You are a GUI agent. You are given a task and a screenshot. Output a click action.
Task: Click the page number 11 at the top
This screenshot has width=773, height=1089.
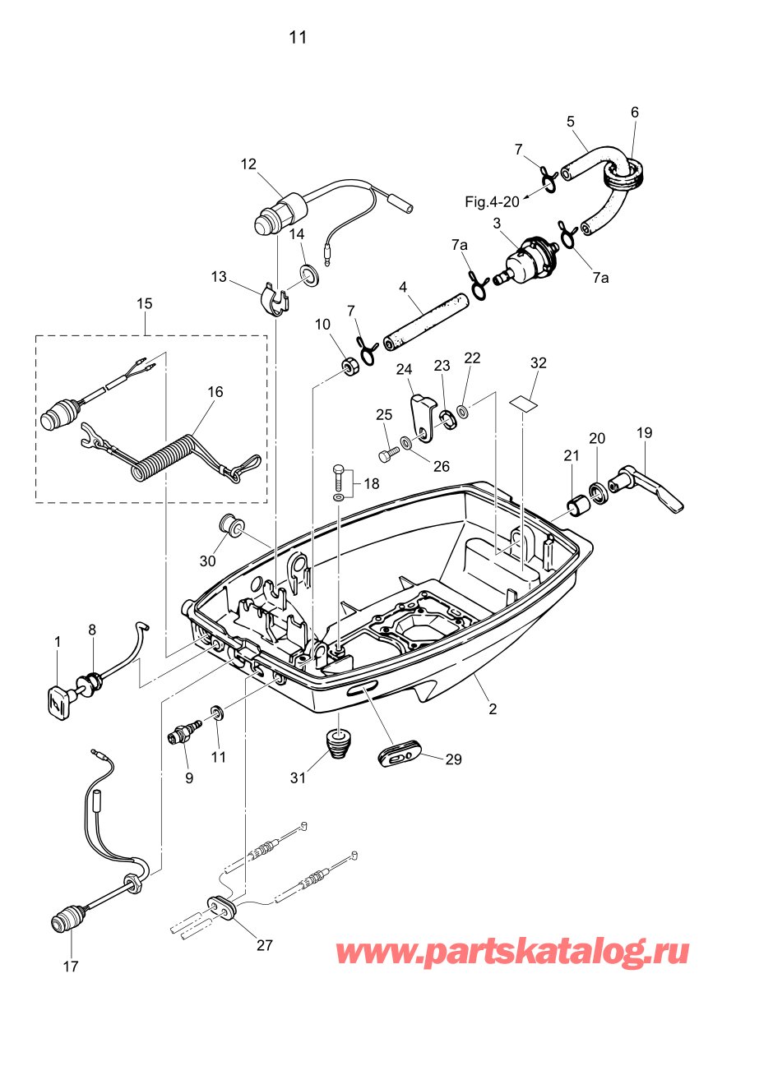pos(298,37)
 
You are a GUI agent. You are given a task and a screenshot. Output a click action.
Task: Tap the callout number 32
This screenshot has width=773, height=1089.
pos(538,362)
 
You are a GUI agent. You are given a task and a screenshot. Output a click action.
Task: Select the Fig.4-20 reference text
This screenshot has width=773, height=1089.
pos(492,201)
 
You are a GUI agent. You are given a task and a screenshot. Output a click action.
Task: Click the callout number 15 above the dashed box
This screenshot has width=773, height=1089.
pos(144,303)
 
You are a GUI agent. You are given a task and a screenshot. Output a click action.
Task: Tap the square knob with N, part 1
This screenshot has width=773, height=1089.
pos(58,702)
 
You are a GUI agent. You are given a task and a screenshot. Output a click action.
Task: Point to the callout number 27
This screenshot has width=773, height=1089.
pos(264,945)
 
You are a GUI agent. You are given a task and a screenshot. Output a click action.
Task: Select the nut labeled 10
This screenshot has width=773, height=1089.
pos(349,367)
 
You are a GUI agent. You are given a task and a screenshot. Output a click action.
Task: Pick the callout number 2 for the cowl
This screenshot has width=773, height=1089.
pos(493,709)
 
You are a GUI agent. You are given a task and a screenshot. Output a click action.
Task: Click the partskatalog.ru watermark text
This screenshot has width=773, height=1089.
pos(512,953)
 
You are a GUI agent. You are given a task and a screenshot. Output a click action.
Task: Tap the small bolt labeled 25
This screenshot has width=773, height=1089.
pos(387,454)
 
